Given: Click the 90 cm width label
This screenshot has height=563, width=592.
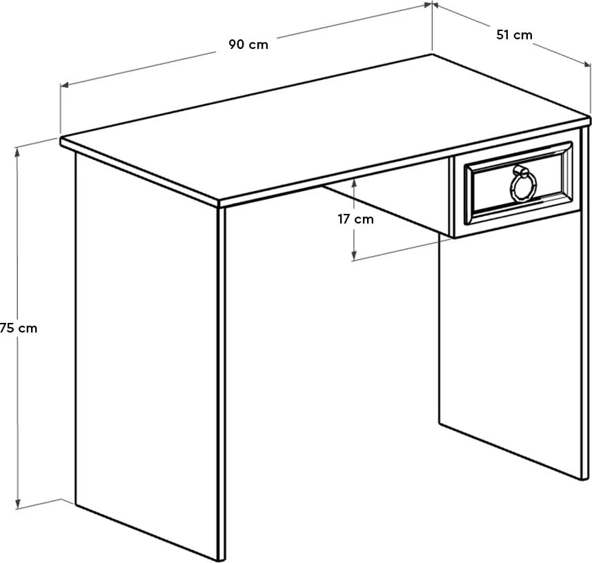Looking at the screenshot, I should click(248, 45).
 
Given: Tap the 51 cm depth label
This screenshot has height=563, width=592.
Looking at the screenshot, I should click(514, 34).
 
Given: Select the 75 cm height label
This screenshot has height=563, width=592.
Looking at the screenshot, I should click(18, 328).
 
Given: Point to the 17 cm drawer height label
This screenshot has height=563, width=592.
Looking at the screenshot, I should click(355, 219).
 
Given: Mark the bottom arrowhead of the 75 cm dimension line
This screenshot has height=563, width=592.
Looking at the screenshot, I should click(19, 506).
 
